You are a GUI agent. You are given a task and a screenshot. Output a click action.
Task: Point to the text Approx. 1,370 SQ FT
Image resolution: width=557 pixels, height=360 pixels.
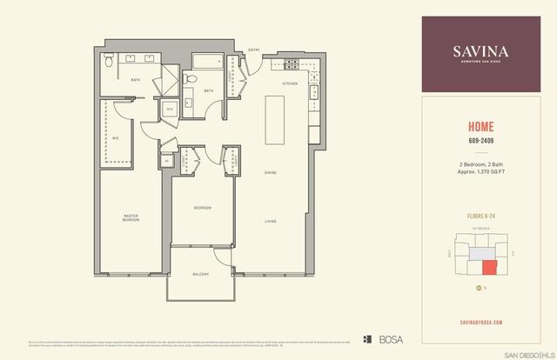click(x=482, y=171)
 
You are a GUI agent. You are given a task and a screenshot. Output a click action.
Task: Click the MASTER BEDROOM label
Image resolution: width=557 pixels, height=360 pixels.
click(x=131, y=217)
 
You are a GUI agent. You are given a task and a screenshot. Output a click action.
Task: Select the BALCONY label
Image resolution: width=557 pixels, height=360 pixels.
click(x=202, y=274)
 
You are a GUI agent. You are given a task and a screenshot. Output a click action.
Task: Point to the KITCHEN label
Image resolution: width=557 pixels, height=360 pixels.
click(x=291, y=83)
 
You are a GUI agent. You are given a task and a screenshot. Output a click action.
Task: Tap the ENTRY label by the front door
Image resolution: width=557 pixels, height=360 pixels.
click(x=254, y=50)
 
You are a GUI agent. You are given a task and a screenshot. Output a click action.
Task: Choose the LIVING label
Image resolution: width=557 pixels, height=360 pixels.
click(x=272, y=222)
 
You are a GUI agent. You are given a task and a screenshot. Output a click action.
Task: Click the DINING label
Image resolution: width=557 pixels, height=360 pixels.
click(x=272, y=172)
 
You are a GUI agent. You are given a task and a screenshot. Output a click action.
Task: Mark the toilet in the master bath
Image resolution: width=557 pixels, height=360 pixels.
click(x=106, y=62)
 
